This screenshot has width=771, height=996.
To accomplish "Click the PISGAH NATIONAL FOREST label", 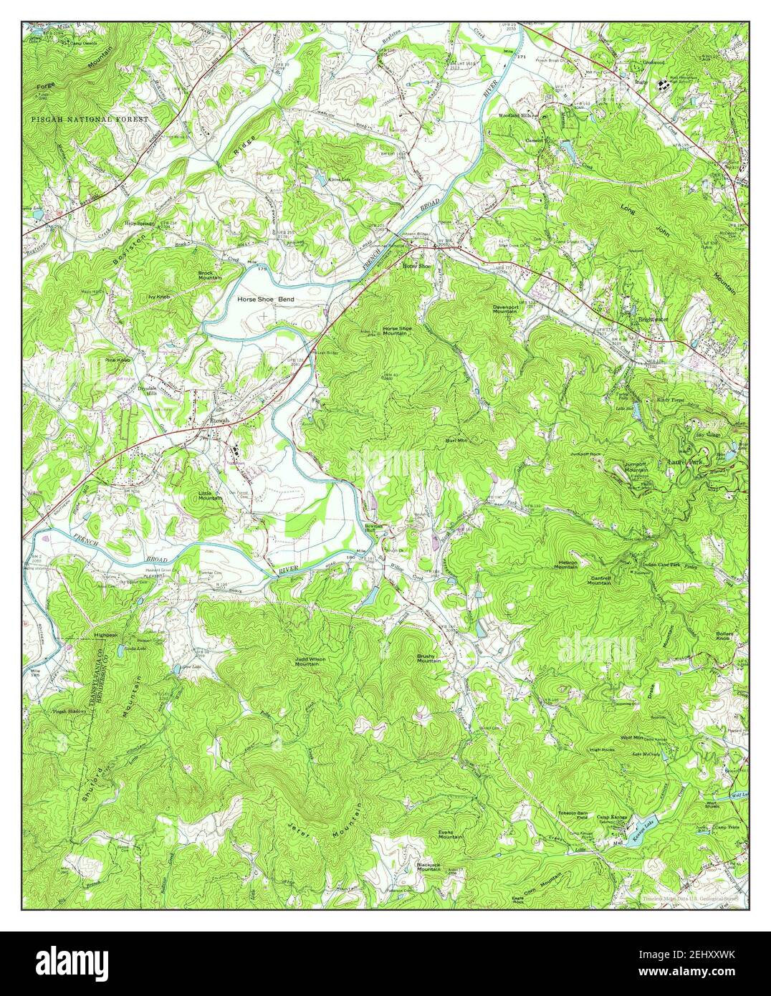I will [90, 118].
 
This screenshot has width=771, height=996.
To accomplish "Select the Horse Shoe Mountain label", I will [397, 330].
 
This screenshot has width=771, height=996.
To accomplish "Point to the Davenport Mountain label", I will [505, 309].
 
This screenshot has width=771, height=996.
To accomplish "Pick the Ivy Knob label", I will [158, 296].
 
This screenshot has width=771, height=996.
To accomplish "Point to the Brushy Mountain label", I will [428, 658].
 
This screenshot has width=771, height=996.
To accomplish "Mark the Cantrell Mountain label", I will [599, 580].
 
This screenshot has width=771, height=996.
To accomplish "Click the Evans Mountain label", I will [450, 835].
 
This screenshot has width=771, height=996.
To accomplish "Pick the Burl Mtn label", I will [456, 440].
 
